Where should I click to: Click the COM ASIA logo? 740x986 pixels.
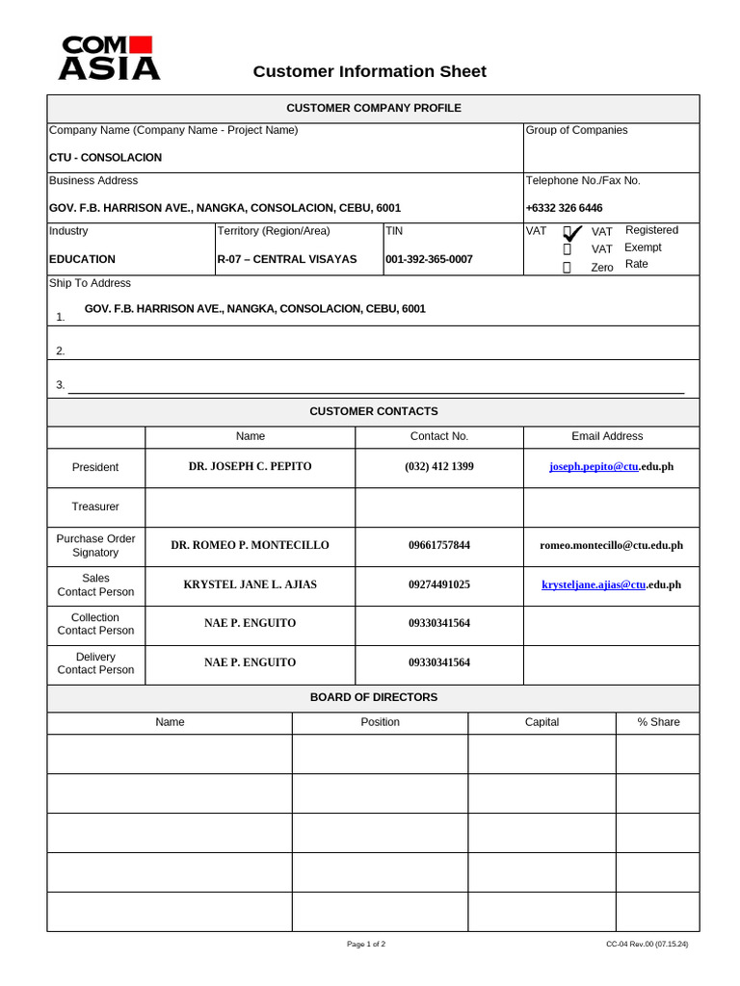[x=109, y=58]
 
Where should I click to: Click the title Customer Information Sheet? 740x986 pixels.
[x=369, y=71]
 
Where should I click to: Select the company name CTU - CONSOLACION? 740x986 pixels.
[x=105, y=157]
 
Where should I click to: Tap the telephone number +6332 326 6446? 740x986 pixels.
[x=564, y=208]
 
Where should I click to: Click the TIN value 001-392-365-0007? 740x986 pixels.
[x=429, y=259]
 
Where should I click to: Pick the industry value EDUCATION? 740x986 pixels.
[x=82, y=259]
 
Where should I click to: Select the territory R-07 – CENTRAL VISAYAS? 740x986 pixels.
[x=286, y=259]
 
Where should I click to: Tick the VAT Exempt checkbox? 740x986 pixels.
[x=567, y=249]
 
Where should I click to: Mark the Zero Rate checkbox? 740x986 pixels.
[x=567, y=268]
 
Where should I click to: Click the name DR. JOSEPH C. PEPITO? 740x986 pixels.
[x=250, y=466]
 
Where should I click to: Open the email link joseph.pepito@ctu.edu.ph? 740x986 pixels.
[x=611, y=466]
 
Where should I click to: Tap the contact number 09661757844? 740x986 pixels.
[x=438, y=545]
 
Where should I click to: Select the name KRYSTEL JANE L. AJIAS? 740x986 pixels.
[x=250, y=584]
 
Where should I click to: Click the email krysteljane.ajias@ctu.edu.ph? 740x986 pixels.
[x=611, y=584]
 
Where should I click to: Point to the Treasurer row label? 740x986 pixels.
[x=95, y=506]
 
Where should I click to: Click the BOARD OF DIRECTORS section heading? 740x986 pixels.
[x=373, y=697]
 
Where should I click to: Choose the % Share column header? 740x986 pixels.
[x=658, y=722]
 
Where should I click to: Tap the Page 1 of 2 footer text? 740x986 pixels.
[x=366, y=945]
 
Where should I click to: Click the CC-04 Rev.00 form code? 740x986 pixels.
[x=647, y=945]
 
